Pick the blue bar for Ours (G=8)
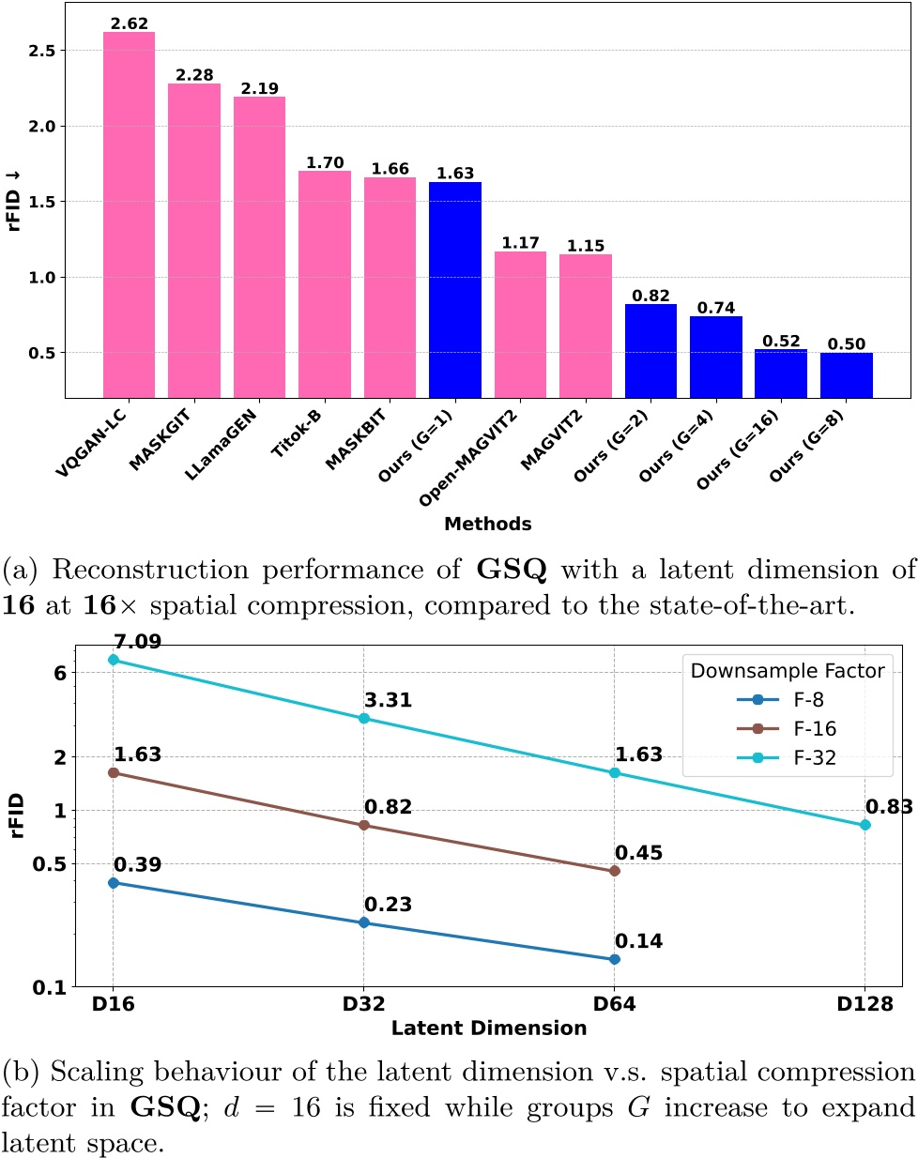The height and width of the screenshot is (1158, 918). (846, 374)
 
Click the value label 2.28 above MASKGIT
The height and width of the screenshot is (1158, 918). (194, 74)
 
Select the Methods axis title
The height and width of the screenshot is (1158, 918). (487, 524)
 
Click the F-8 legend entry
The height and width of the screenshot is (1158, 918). (788, 700)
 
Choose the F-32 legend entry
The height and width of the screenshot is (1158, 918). (788, 758)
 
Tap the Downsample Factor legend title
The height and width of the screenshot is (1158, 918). (787, 670)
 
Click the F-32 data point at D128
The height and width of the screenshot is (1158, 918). (865, 825)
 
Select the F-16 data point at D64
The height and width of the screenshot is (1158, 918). (615, 871)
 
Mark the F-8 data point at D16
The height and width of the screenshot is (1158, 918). (114, 883)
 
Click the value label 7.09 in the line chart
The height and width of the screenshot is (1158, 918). (137, 643)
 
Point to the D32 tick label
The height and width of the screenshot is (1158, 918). (363, 1004)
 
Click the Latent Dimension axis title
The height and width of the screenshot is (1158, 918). (488, 1028)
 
